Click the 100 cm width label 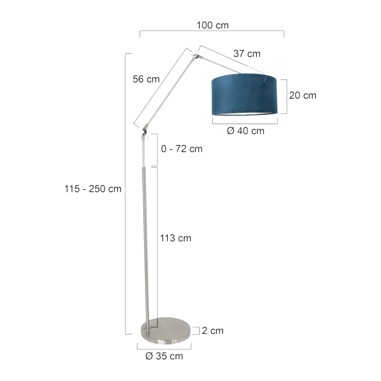point(213,25)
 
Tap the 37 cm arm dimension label point(247,54)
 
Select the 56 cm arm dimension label point(146,79)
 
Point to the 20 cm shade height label point(303,95)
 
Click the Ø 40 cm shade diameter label point(246,131)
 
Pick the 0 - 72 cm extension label point(182,149)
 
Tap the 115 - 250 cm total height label point(93,189)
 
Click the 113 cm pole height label point(175,238)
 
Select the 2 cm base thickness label point(213,331)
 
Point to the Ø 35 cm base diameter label point(164,356)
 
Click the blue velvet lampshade point(244,95)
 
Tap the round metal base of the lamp point(166,331)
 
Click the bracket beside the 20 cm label point(286,96)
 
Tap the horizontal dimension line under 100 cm point(212,31)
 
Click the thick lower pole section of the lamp point(145,246)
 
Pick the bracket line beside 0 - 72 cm point(157,150)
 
